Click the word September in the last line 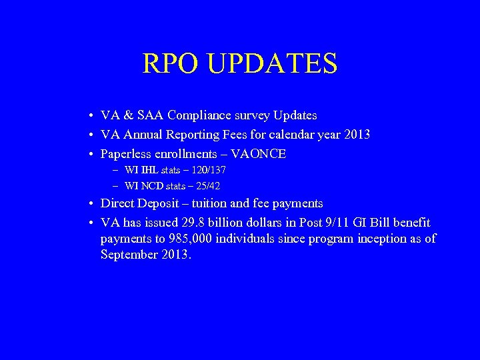click(x=129, y=255)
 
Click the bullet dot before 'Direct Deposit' click(x=89, y=204)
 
